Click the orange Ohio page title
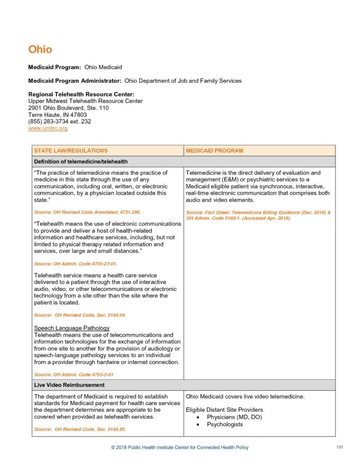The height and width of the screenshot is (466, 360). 40,49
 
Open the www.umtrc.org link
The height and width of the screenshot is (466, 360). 48,128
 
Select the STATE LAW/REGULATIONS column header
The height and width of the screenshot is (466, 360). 71,151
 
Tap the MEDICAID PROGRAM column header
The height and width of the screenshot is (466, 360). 214,151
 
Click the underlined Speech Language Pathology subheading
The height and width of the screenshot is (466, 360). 72,328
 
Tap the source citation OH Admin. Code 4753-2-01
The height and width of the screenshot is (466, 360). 74,375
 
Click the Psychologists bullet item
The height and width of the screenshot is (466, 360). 225,425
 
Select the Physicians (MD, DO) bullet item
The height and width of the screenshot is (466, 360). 234,417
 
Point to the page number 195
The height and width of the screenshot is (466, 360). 339,447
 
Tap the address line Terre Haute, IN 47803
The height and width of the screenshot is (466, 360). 57,115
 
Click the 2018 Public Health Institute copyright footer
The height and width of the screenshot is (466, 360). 180,448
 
